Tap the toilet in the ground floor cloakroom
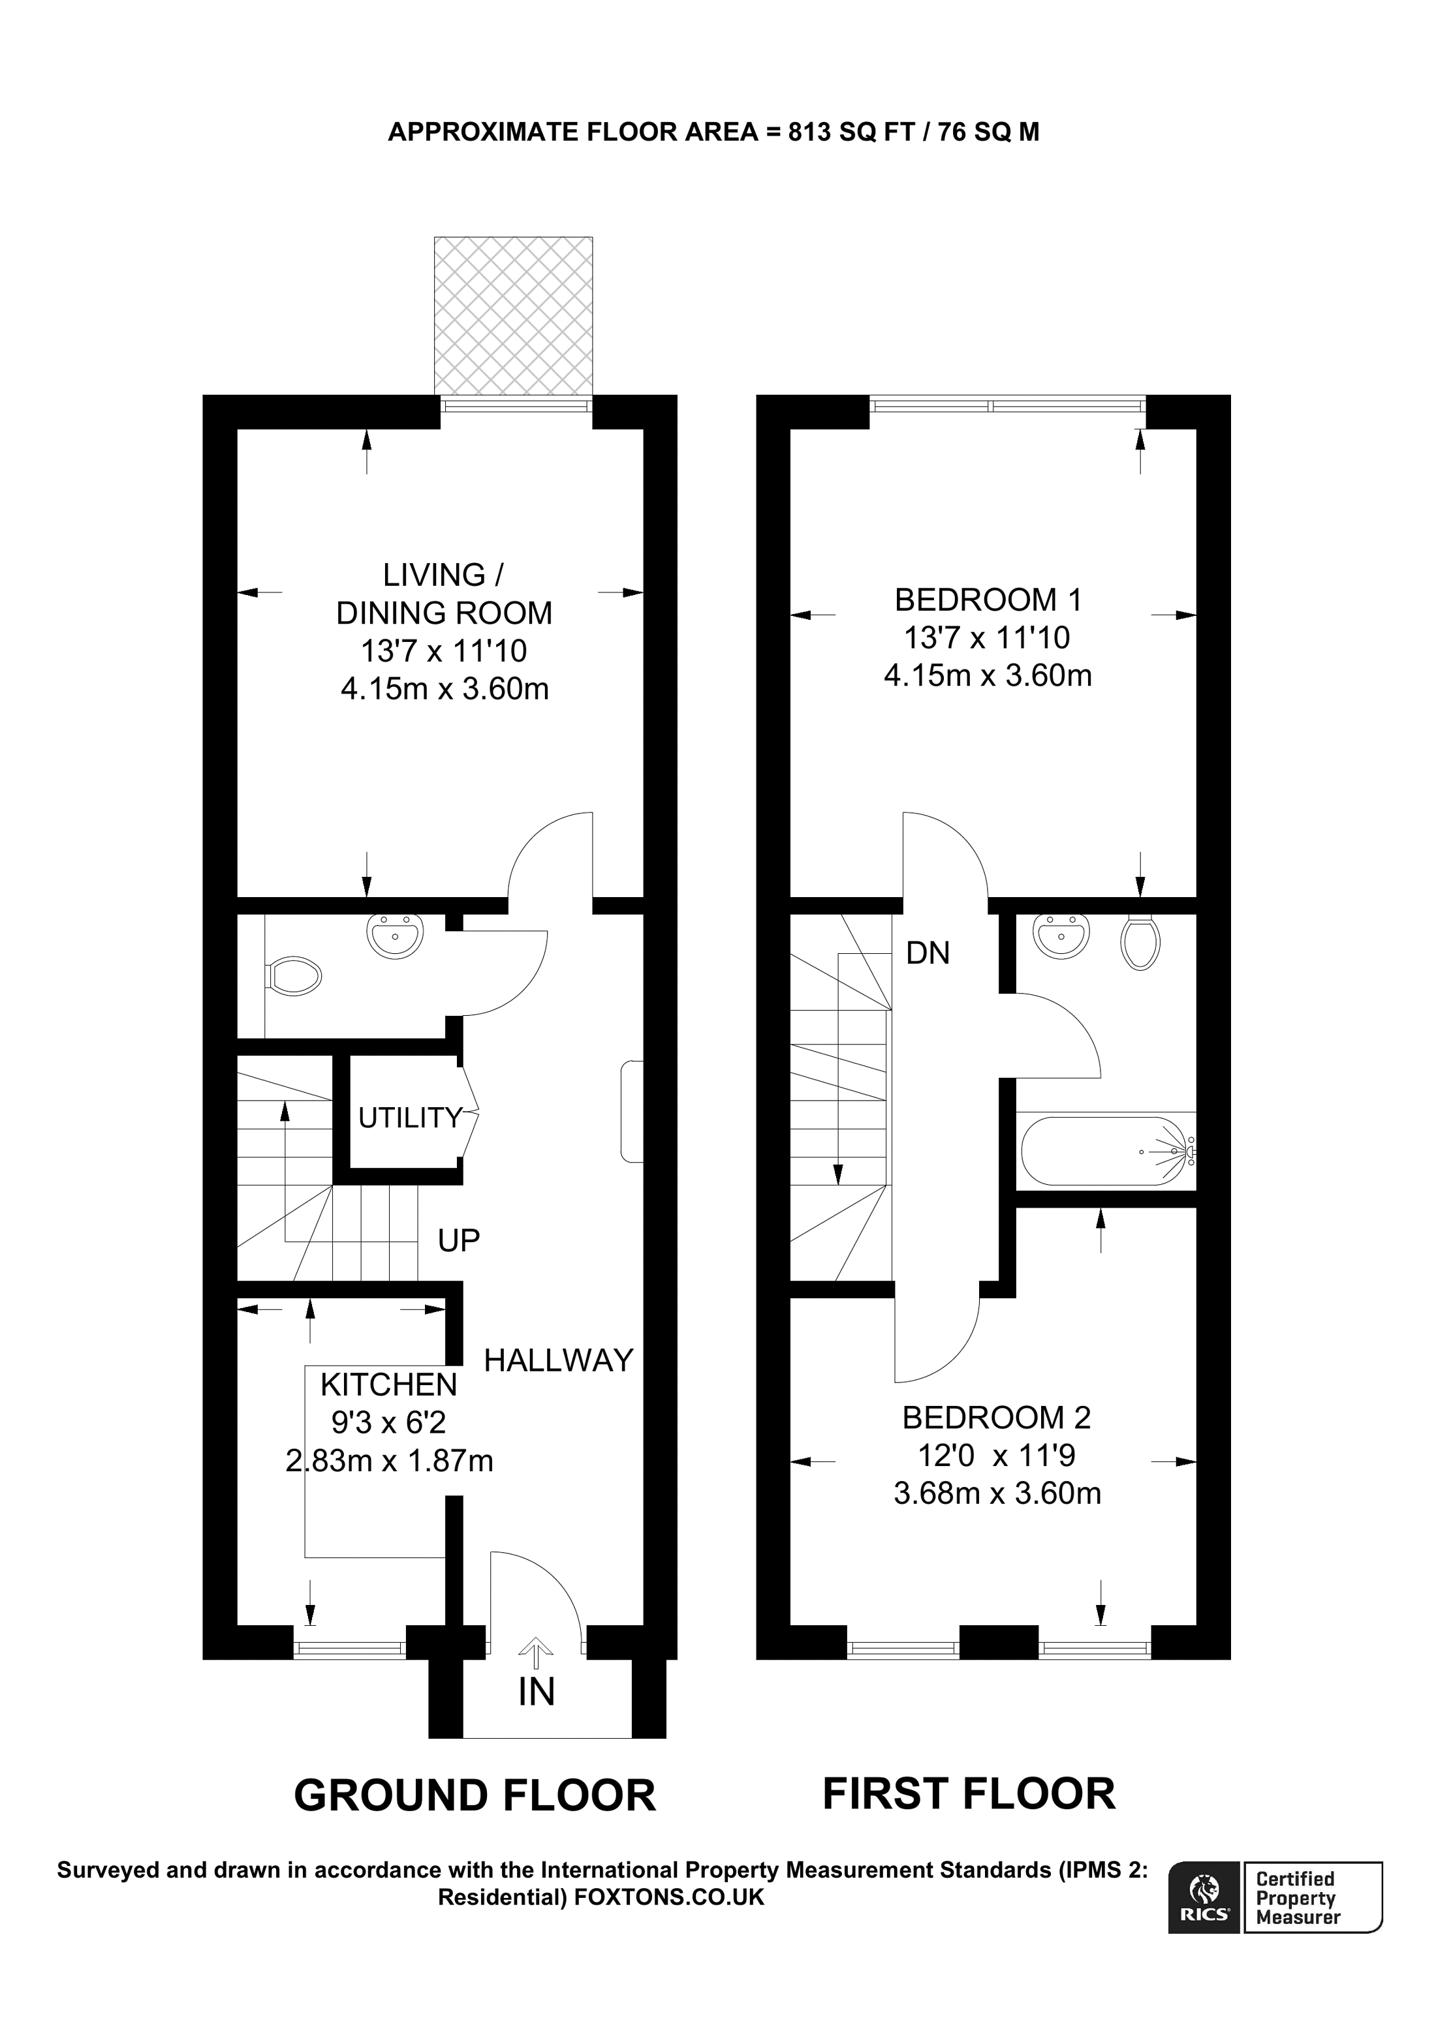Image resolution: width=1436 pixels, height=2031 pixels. coord(294,977)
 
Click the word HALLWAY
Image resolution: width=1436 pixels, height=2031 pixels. coord(558,1360)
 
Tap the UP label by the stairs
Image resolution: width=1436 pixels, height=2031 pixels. coord(458,1240)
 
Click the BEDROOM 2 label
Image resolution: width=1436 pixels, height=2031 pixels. coord(996,1417)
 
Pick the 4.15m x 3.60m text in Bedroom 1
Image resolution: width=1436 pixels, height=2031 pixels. coord(988,676)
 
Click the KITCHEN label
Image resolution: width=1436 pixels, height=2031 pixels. coord(388,1384)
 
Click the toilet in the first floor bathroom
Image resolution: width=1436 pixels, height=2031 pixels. coord(1140,943)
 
